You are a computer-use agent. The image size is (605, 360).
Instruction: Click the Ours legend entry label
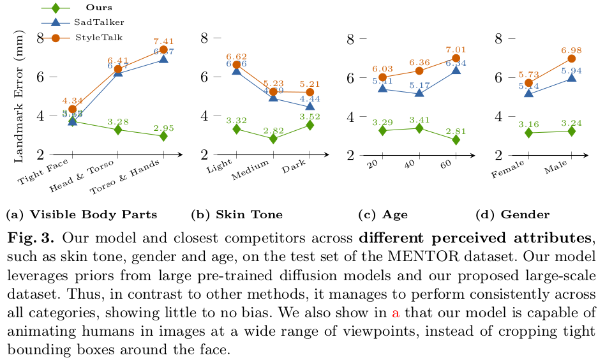[99, 8]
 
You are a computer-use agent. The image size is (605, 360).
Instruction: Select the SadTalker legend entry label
[100, 22]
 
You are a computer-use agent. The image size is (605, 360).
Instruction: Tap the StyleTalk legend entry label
[99, 38]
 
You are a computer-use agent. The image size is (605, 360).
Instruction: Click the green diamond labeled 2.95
[163, 136]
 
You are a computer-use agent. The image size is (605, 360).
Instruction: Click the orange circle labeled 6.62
[236, 64]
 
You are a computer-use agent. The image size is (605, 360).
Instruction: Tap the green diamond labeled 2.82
[273, 139]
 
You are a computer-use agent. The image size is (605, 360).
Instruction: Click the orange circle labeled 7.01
[456, 58]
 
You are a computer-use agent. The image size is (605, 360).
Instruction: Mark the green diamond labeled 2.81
[456, 139]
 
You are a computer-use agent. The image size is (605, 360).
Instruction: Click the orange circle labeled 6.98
[571, 59]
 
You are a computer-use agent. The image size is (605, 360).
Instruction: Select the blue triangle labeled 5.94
[571, 78]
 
